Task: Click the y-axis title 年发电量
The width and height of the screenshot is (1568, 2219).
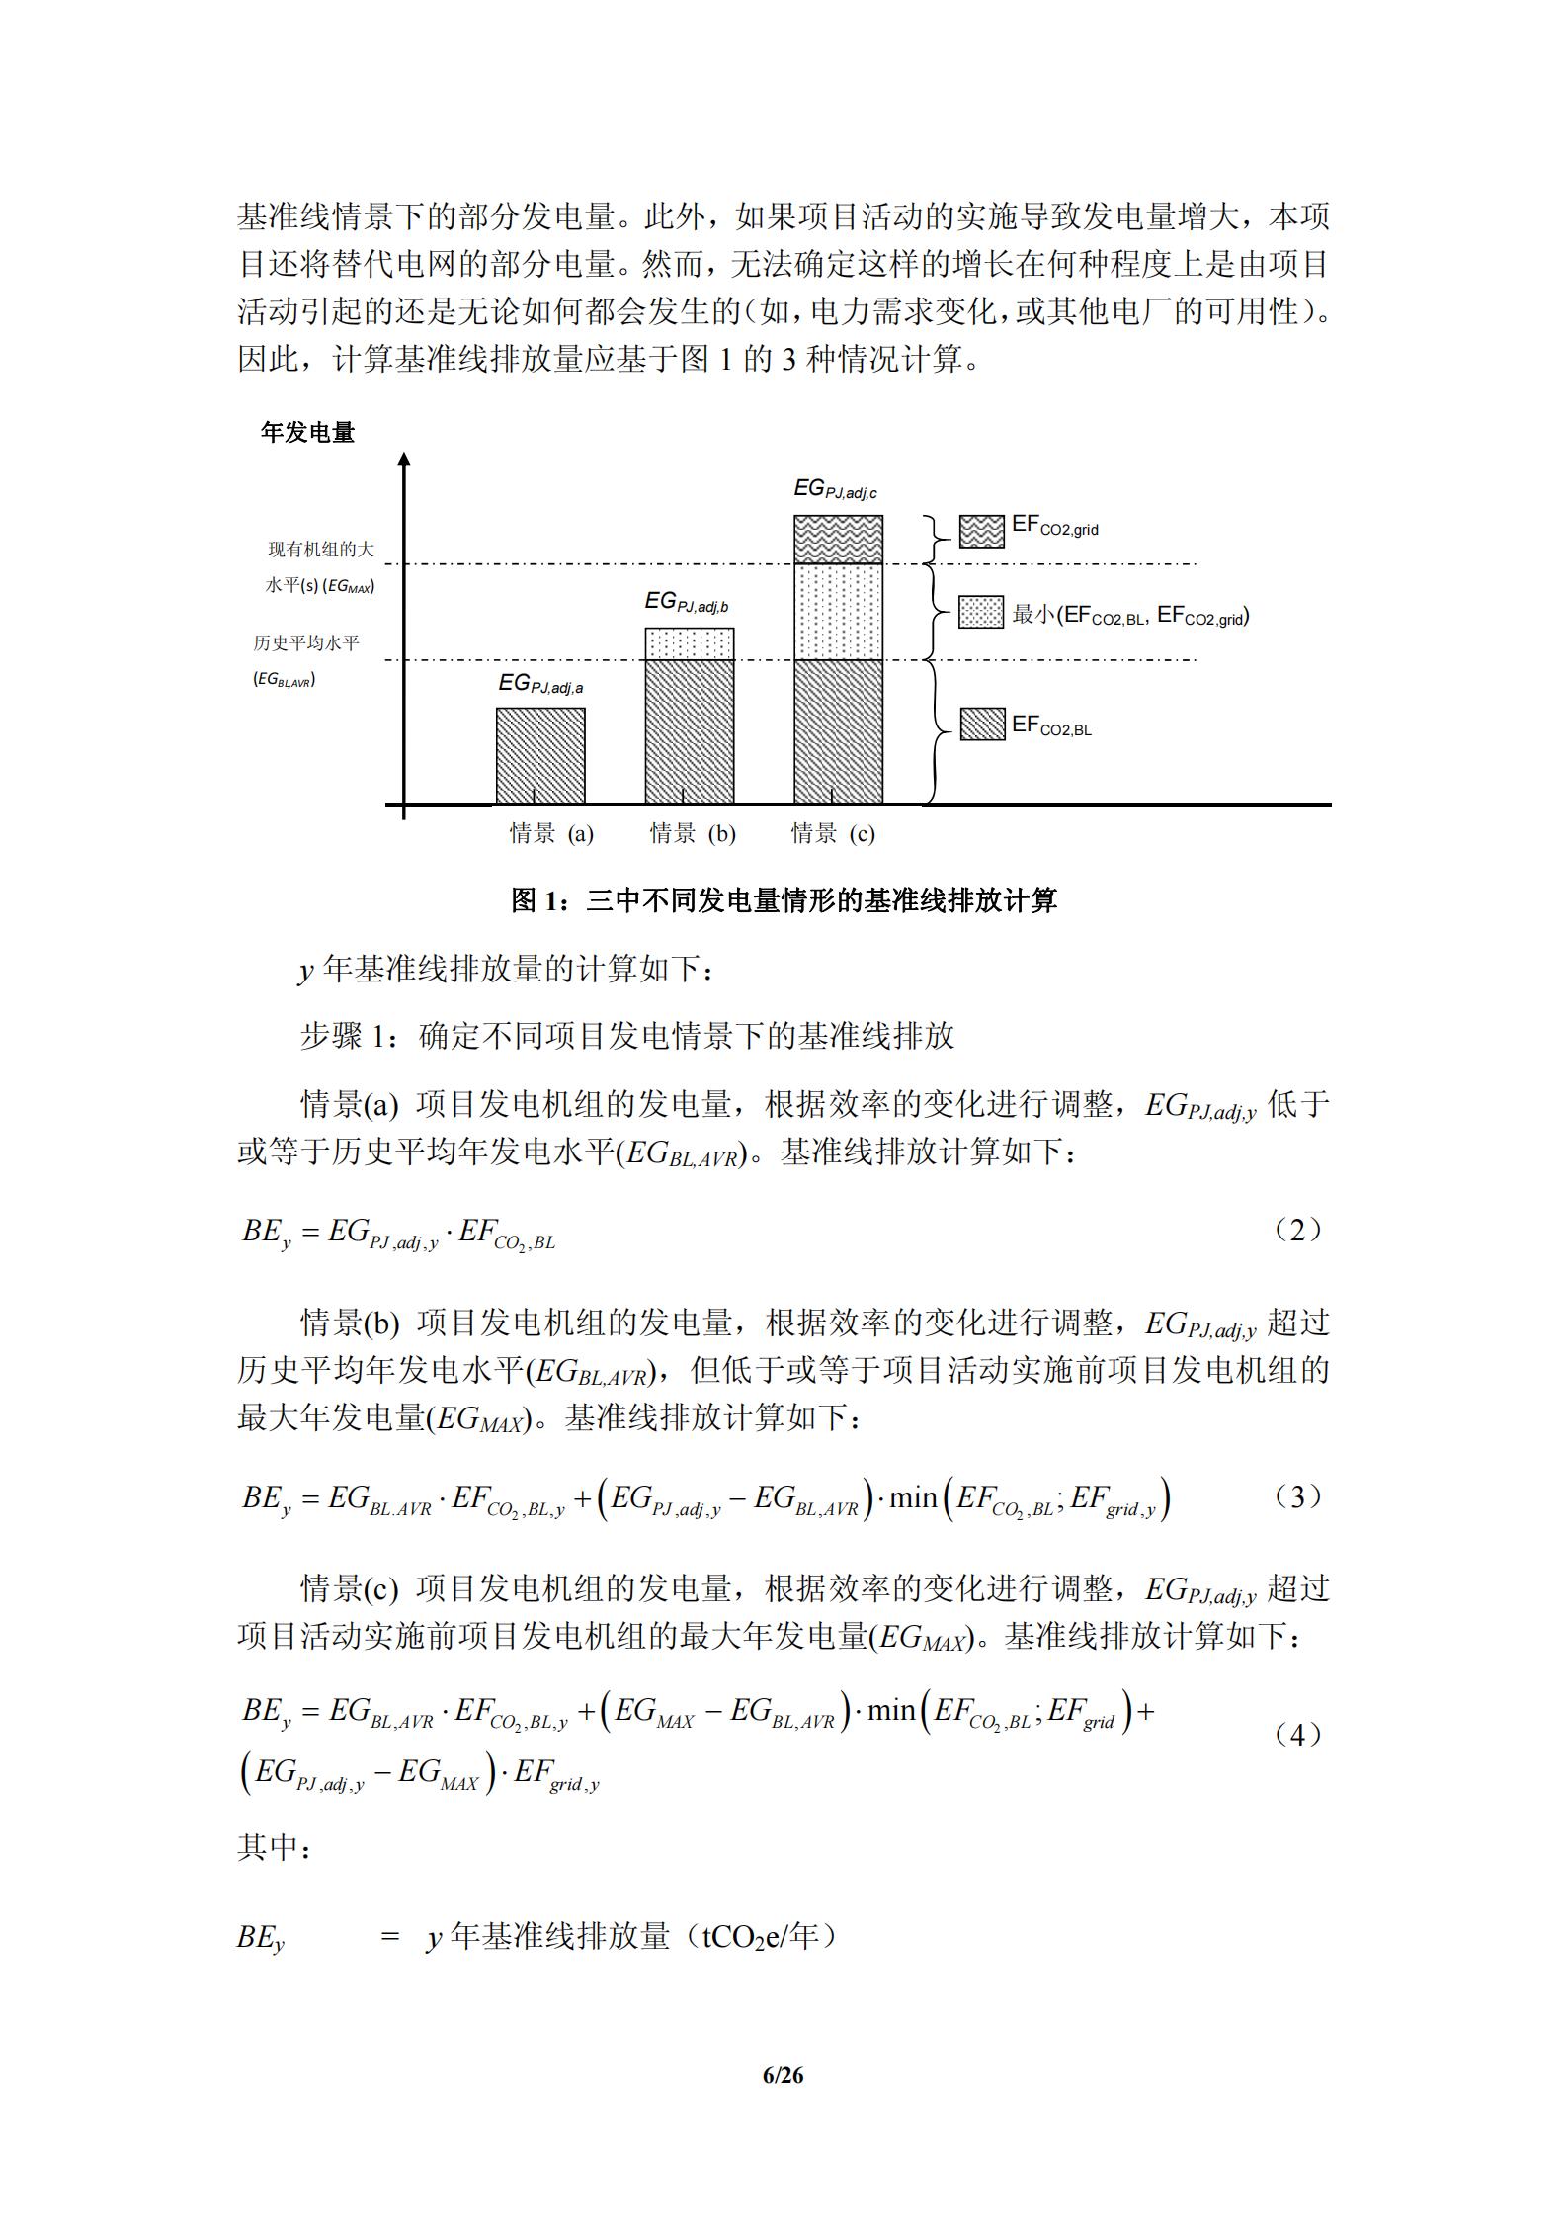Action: click(307, 432)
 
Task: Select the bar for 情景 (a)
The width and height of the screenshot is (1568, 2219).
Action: click(539, 755)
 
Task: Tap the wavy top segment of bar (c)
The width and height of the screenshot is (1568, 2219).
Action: click(838, 539)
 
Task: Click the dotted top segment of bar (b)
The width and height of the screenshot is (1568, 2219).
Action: click(689, 643)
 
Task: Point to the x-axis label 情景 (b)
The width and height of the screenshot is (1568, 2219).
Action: click(692, 833)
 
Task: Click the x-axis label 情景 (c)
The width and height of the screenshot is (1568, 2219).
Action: click(833, 833)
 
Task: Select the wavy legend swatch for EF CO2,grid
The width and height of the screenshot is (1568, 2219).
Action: click(981, 531)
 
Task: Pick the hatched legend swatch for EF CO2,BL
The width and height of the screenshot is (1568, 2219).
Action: click(982, 725)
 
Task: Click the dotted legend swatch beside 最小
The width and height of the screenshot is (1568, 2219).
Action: click(981, 612)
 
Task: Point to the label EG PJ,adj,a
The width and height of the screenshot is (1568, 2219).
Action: click(539, 683)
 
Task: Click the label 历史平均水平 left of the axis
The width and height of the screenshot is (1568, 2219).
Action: click(306, 642)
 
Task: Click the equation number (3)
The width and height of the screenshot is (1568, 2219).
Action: click(1297, 1496)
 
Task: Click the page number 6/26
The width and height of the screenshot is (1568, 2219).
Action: click(783, 2075)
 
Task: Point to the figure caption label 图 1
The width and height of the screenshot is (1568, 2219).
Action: click(536, 899)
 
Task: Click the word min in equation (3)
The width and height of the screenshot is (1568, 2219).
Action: click(912, 1497)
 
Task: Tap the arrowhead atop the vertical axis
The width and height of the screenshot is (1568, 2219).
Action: click(403, 458)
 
